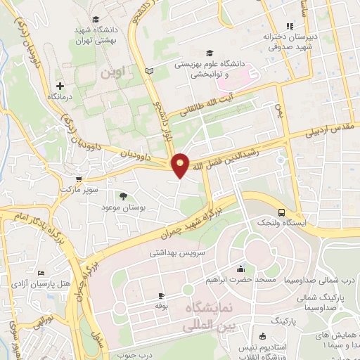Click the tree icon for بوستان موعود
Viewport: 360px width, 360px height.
tap(124, 197)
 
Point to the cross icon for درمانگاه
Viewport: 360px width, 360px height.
tap(60, 85)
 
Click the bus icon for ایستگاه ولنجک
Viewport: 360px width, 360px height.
tap(281, 212)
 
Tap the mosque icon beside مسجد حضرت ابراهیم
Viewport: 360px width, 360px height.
tap(241, 269)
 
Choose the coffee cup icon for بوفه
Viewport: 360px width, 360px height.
tap(161, 295)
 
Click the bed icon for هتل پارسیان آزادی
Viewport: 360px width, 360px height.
tap(41, 273)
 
